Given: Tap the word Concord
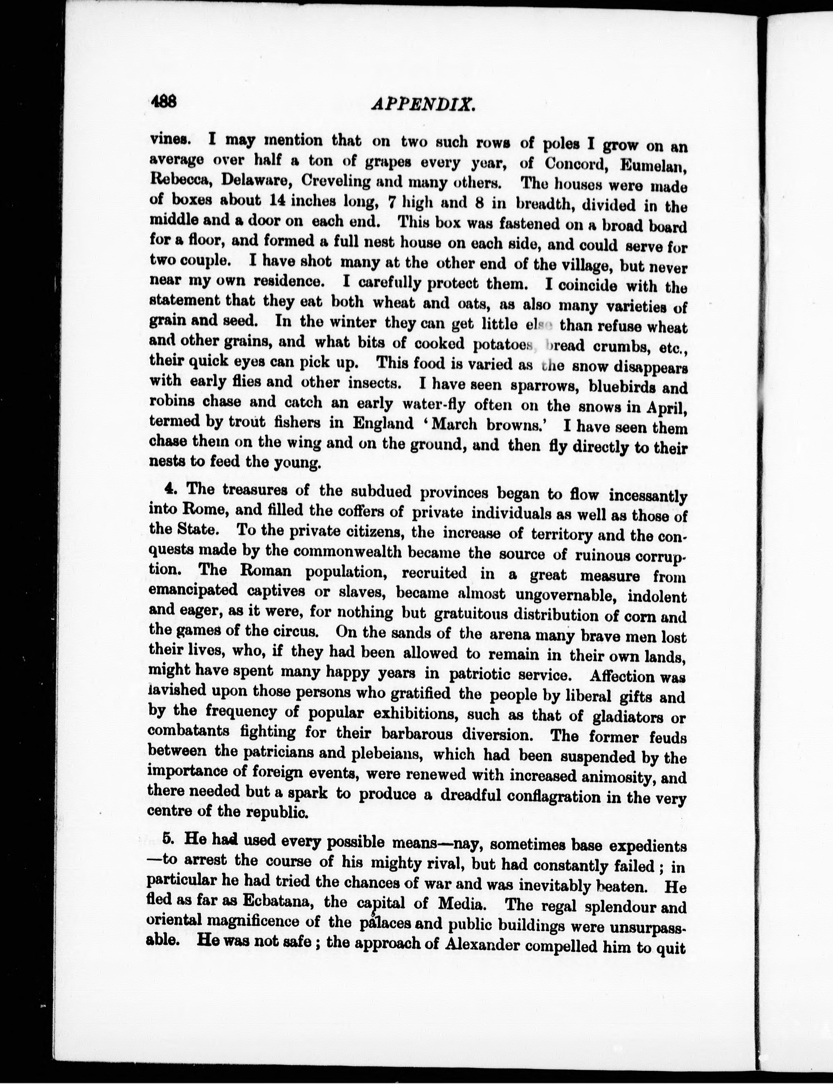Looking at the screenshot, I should (x=575, y=164).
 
